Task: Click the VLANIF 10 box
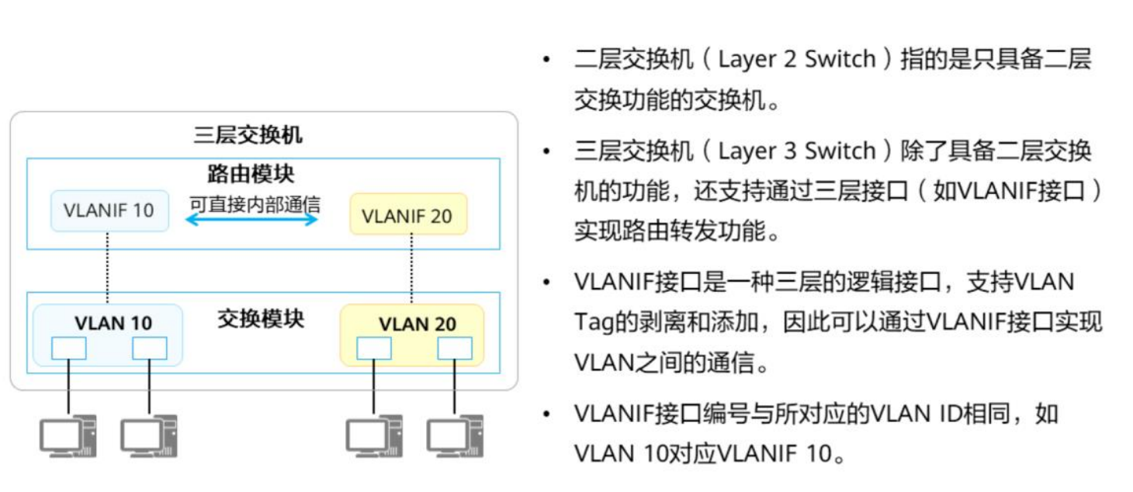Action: coord(109,210)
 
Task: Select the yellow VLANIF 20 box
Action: coord(407,214)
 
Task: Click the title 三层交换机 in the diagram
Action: coord(248,136)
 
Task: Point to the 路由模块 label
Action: coord(250,173)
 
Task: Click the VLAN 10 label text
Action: coord(113,323)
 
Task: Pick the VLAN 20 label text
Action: coord(418,324)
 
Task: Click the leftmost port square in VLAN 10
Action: coord(69,348)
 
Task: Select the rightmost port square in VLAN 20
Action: coord(455,348)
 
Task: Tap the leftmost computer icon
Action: coord(68,436)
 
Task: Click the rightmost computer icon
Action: coord(455,436)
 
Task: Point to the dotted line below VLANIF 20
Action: coord(411,269)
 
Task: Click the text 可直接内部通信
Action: coord(255,204)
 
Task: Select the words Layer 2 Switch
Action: coord(796,59)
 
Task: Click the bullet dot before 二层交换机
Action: coord(549,60)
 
